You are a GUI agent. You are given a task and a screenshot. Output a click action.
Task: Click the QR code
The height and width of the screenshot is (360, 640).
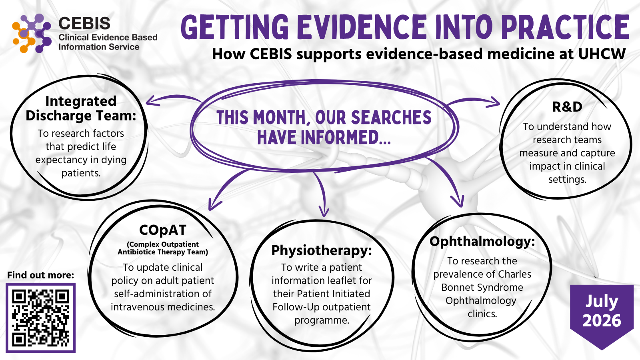pos(40,318)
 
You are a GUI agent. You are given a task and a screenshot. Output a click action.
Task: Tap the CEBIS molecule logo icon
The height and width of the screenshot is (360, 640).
pos(32,33)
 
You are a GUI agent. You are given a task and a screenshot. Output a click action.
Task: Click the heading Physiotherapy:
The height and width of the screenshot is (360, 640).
pos(322,250)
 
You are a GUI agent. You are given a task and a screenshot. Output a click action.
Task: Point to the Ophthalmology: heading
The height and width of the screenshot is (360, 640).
pos(482,242)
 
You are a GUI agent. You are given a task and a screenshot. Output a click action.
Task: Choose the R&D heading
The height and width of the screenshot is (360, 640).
pos(567,107)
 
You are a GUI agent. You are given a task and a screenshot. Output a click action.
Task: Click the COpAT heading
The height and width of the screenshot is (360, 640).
pos(163,230)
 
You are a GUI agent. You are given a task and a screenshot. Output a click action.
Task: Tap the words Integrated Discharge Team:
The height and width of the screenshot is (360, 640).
pos(81,108)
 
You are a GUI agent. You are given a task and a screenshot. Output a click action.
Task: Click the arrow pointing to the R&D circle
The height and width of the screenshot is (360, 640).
pos(473,100)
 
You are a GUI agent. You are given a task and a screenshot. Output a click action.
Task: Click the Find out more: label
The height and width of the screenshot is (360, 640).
pos(40,275)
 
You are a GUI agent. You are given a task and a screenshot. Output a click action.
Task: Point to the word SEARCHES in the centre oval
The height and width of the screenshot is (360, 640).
pos(391,118)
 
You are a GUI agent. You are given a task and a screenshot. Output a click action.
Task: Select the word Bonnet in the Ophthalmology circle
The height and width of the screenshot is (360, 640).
pos(458,287)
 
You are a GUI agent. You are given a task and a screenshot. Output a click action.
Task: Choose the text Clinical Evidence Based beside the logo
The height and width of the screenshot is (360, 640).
pos(108,38)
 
